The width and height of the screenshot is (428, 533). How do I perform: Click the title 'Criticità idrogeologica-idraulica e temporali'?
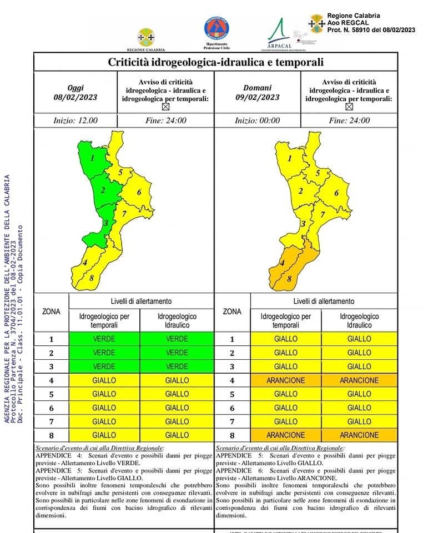pyautogui.click(x=215, y=62)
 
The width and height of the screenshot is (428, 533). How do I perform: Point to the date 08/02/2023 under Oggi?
pyautogui.click(x=75, y=97)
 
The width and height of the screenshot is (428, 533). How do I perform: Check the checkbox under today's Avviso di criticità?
pyautogui.click(x=165, y=107)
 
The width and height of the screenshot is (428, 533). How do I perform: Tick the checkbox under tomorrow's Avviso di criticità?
pyautogui.click(x=349, y=107)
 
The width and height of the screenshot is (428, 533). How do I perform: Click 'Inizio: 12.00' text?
pyautogui.click(x=75, y=120)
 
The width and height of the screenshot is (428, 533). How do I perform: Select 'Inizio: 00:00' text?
pyautogui.click(x=258, y=120)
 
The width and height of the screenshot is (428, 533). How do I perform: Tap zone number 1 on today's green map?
pyautogui.click(x=92, y=158)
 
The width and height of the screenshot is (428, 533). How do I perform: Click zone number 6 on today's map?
pyautogui.click(x=139, y=192)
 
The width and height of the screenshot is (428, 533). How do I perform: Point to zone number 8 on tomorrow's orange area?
pyautogui.click(x=289, y=279)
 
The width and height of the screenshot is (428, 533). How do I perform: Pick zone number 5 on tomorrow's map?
pyautogui.click(x=318, y=173)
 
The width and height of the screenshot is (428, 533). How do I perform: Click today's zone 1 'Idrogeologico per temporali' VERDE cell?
pyautogui.click(x=104, y=339)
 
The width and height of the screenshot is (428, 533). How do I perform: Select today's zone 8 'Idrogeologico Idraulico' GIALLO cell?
pyautogui.click(x=177, y=435)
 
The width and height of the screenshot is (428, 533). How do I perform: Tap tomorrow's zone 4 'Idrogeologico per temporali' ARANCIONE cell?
pyautogui.click(x=285, y=380)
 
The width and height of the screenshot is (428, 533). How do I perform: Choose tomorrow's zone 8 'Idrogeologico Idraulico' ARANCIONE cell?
pyautogui.click(x=359, y=435)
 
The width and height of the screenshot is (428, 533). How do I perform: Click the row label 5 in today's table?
pyautogui.click(x=51, y=394)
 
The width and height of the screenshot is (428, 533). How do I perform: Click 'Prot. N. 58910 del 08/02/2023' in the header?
pyautogui.click(x=371, y=29)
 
